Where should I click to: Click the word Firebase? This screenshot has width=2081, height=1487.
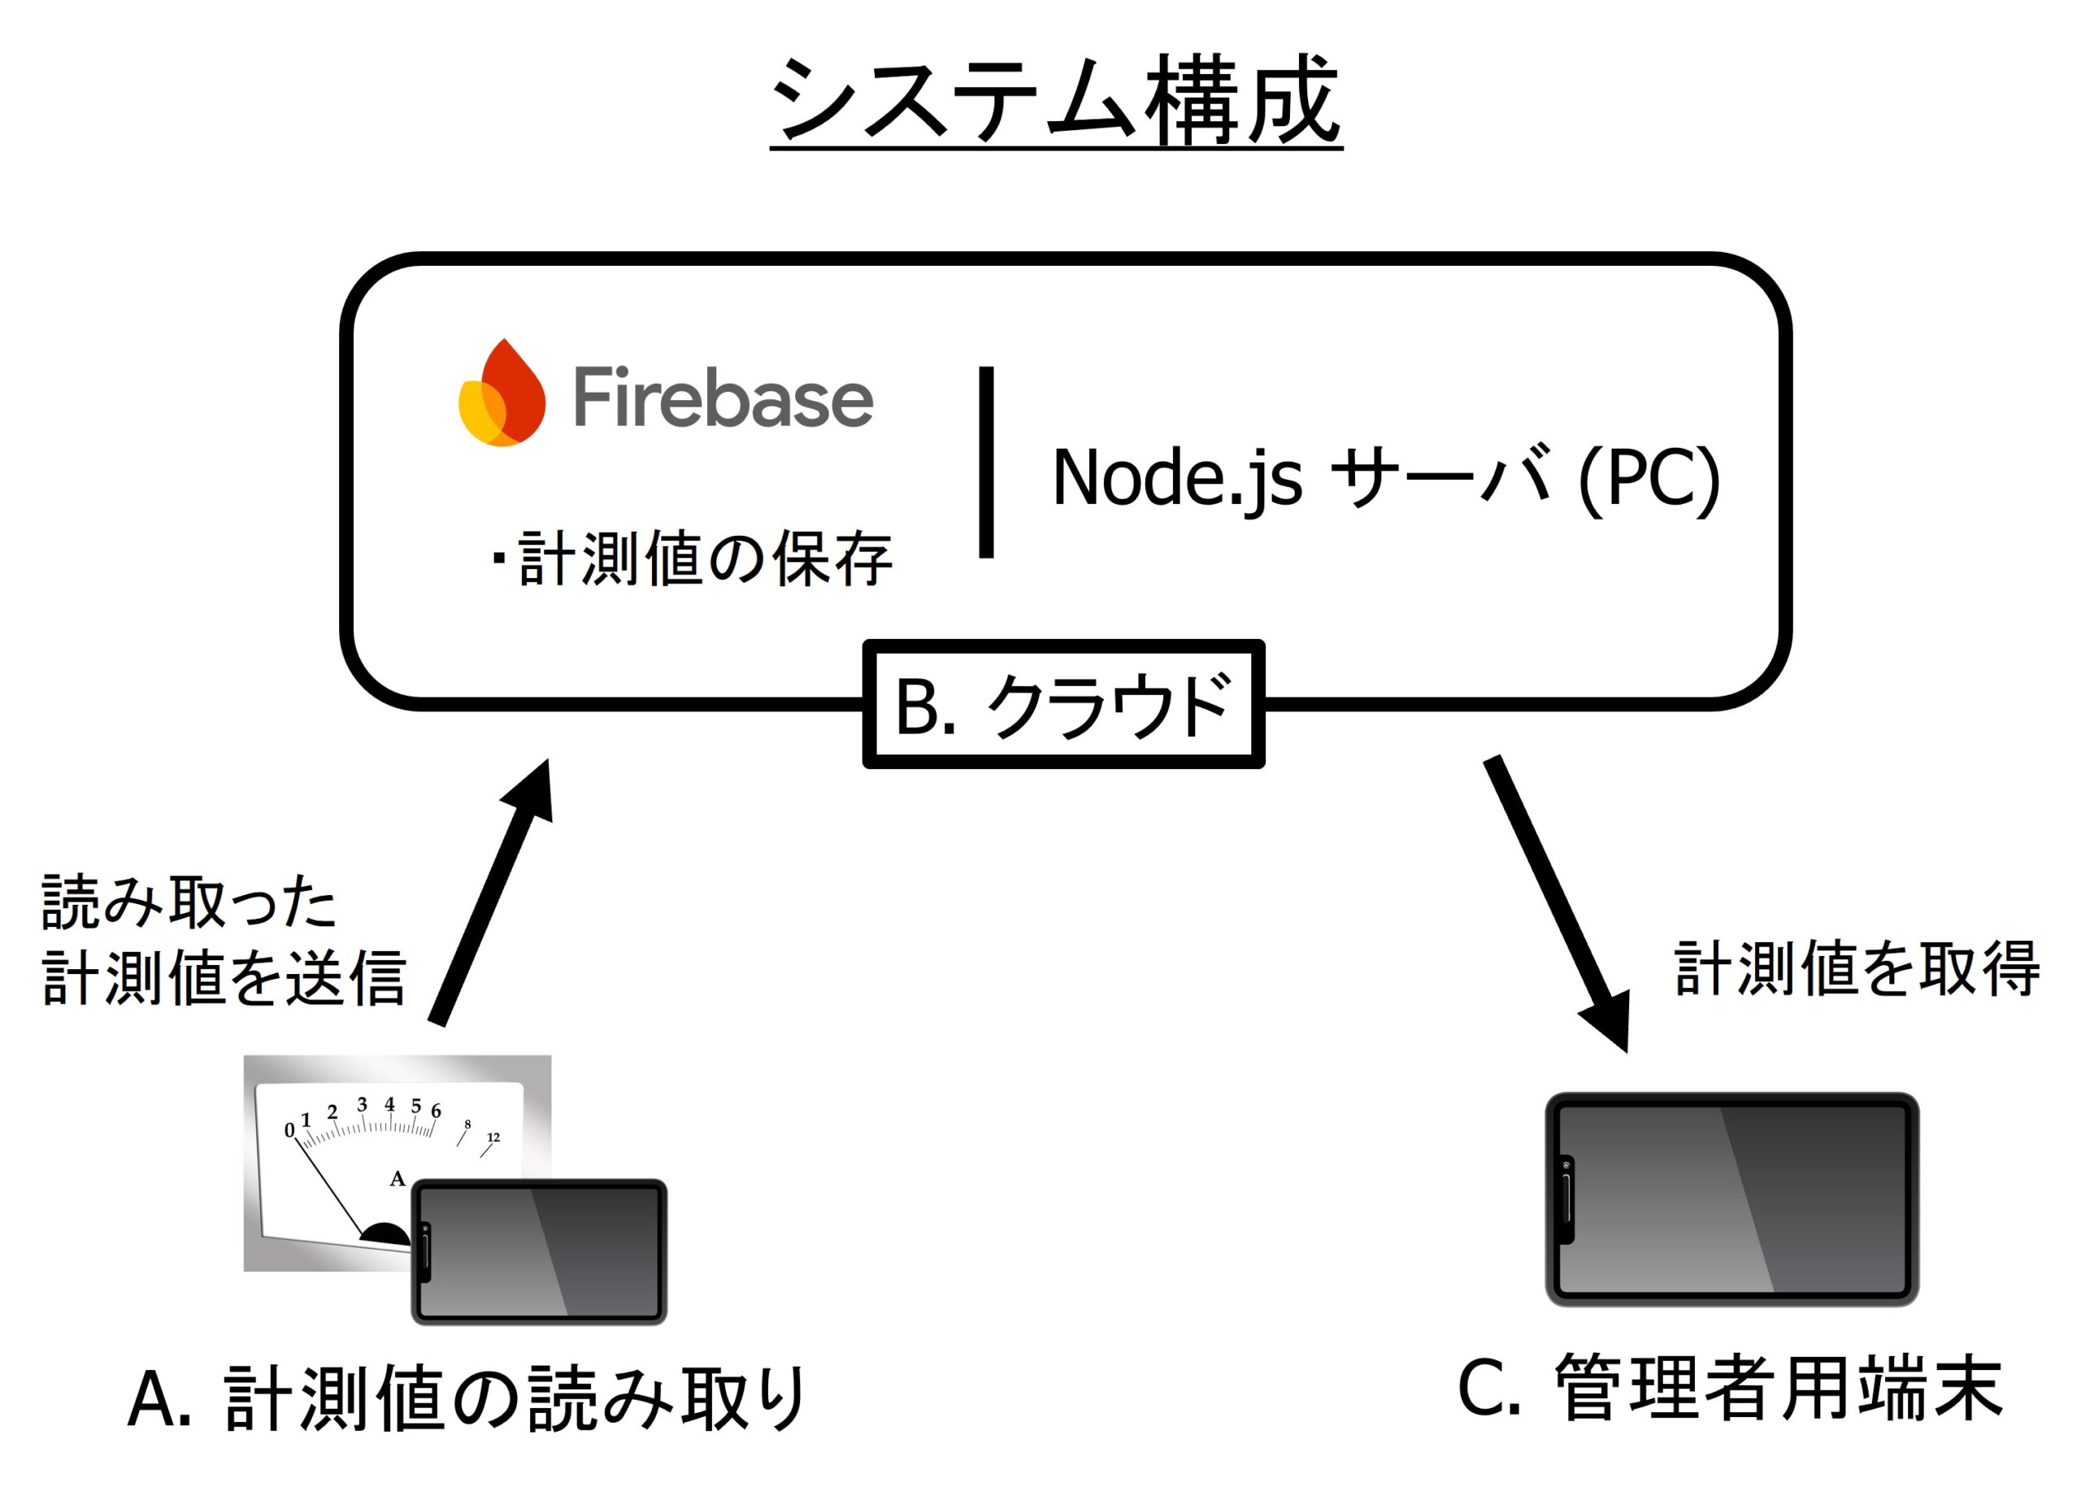pyautogui.click(x=723, y=398)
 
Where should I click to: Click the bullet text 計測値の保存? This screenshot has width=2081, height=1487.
pyautogui.click(x=704, y=558)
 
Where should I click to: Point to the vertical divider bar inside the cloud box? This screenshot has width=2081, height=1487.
pyautogui.click(x=986, y=463)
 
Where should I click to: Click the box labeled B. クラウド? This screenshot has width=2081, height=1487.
pyautogui.click(x=1063, y=704)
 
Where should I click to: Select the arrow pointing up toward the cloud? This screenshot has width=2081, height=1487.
pyautogui.click(x=493, y=893)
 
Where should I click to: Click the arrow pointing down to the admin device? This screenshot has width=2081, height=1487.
pyautogui.click(x=1556, y=902)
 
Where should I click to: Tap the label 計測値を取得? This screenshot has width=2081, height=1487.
pyautogui.click(x=1857, y=969)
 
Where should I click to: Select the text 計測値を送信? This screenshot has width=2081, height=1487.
pyautogui.click(x=224, y=978)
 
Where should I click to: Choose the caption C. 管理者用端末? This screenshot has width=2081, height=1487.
pyautogui.click(x=1730, y=1388)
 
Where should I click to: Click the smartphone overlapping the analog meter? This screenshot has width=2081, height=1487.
pyautogui.click(x=540, y=1252)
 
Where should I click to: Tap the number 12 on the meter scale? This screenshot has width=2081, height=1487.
pyautogui.click(x=493, y=1137)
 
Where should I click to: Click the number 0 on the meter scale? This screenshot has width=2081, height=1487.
pyautogui.click(x=289, y=1131)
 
